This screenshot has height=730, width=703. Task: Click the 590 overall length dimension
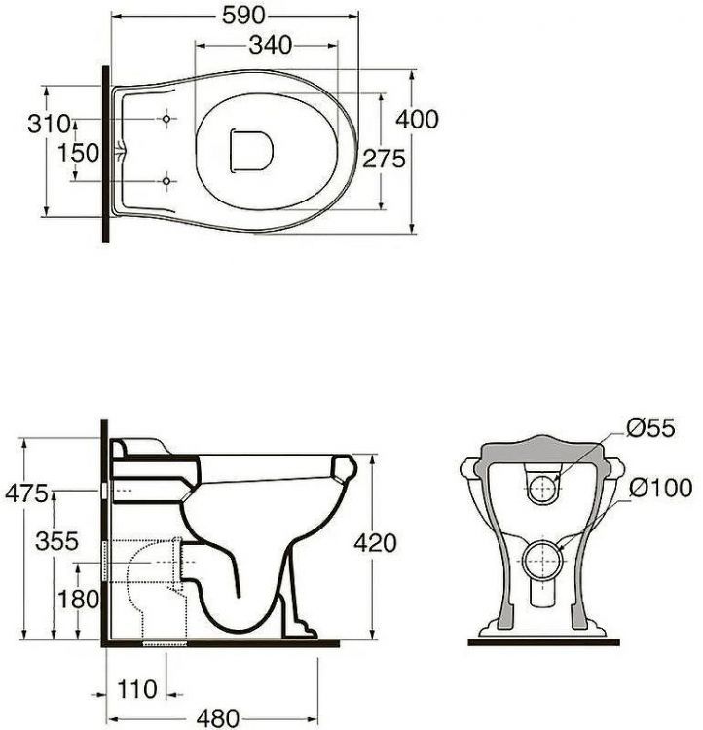pyautogui.click(x=243, y=16)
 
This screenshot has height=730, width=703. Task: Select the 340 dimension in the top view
pyautogui.click(x=271, y=45)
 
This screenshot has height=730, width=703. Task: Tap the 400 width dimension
pyautogui.click(x=417, y=119)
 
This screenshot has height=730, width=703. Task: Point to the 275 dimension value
pyautogui.click(x=384, y=159)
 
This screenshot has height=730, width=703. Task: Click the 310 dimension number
pyautogui.click(x=49, y=124)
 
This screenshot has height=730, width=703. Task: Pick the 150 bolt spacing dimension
pyautogui.click(x=78, y=153)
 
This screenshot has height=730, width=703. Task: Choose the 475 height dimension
pyautogui.click(x=26, y=493)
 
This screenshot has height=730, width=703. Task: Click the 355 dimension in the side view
pyautogui.click(x=56, y=541)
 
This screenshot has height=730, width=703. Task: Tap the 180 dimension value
pyautogui.click(x=78, y=600)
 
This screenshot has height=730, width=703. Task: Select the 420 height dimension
pyautogui.click(x=375, y=543)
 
